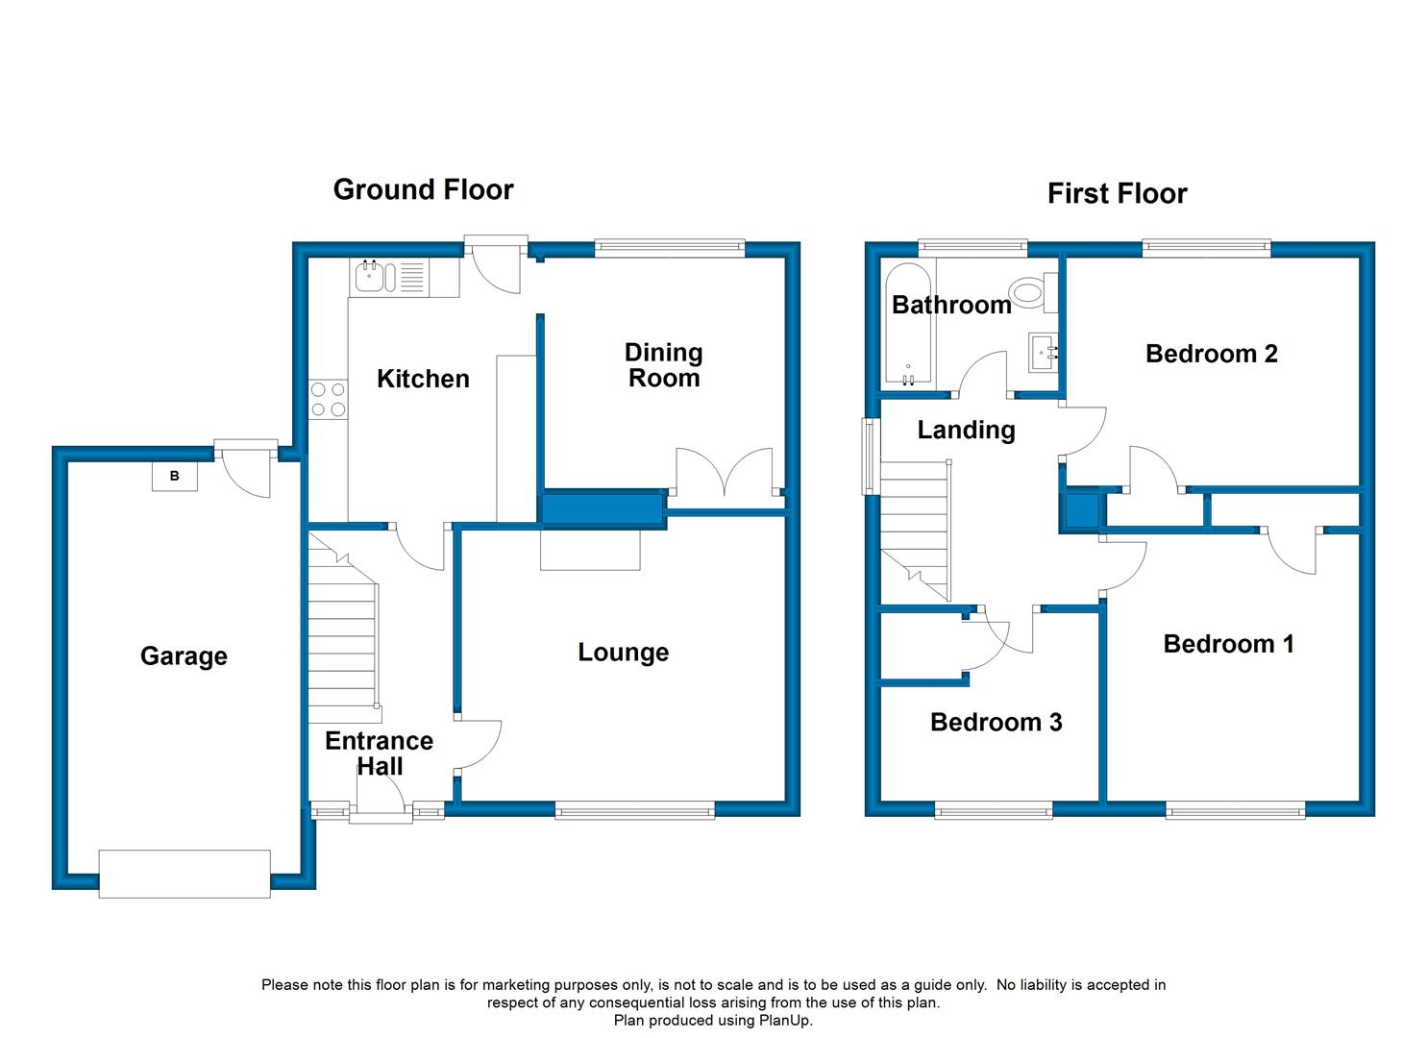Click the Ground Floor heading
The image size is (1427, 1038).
coord(423,190)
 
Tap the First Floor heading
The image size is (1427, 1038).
coord(1117,194)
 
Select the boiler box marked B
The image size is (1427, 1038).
coord(175,476)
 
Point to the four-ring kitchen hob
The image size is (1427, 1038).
coord(328,400)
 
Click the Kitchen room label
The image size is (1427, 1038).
coord(423,379)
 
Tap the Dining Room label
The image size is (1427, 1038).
coord(664,365)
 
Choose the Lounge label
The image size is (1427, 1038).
coord(623,653)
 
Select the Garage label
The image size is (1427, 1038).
coord(184,656)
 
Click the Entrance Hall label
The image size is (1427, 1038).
coord(379,754)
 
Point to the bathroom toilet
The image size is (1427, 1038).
coord(1035,292)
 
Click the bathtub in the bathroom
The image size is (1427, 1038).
coord(908,325)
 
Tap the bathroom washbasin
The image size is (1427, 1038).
coord(1043,352)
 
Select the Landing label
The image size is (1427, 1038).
coord(966,431)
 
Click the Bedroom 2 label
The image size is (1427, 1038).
coord(1211,354)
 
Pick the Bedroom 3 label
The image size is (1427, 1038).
coord(996,723)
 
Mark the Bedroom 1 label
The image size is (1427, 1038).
coord(1228,644)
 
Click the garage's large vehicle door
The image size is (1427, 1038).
coord(185,874)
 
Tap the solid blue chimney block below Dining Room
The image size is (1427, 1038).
coord(602,509)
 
